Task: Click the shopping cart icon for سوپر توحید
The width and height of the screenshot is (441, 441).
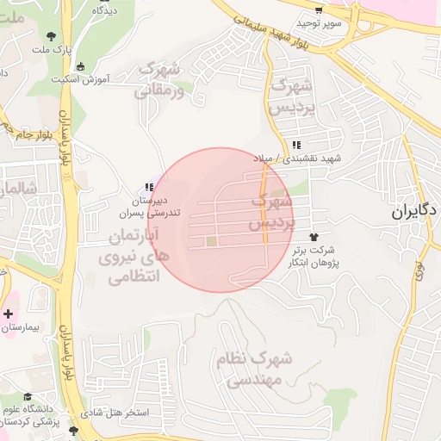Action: coord(319,10)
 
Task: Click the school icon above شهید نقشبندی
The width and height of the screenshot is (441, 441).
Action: coord(297,146)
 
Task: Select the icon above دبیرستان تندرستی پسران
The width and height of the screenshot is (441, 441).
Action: coord(149,187)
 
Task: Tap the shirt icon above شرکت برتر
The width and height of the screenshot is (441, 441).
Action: coord(313,234)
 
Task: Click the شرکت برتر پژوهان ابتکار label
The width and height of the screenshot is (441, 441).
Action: coord(314,255)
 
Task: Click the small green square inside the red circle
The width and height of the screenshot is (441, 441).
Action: coord(212,240)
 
